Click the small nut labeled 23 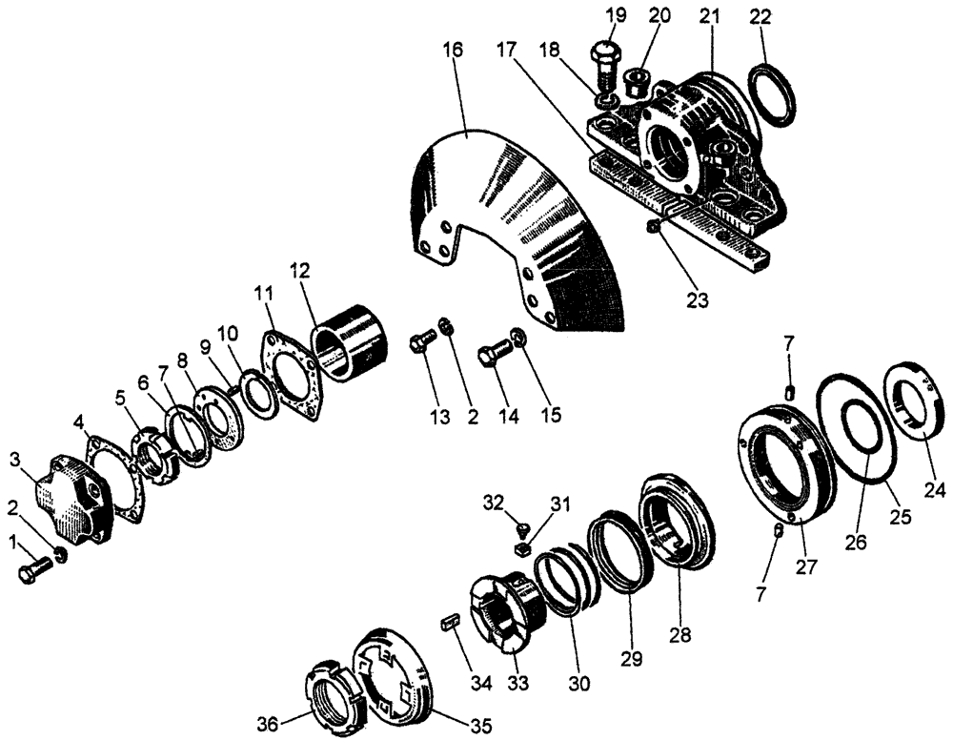650,229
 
